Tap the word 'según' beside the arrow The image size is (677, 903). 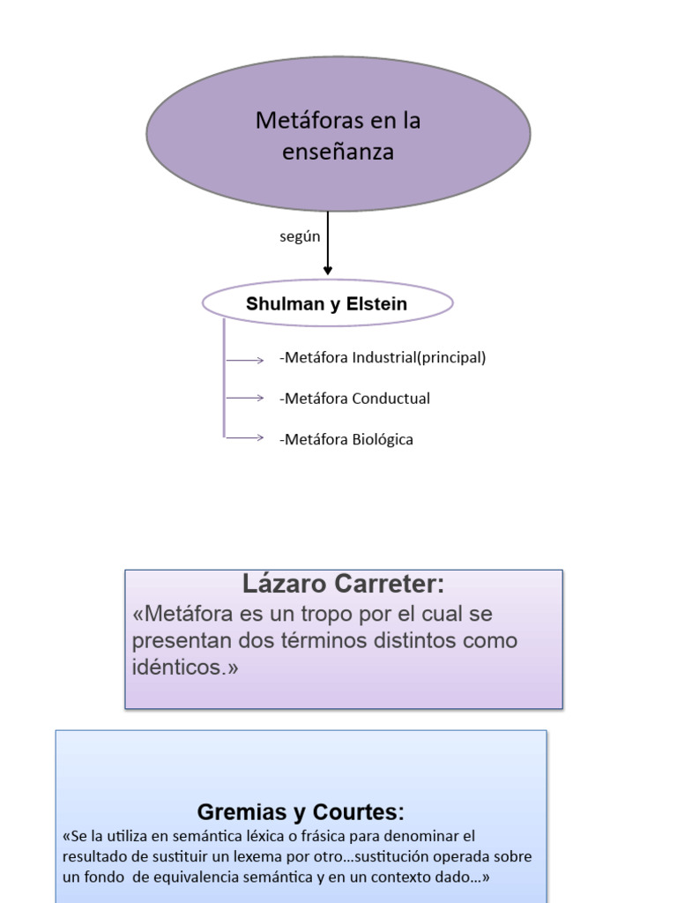(300, 237)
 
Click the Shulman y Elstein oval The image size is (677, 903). (327, 303)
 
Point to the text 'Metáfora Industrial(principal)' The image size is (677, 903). (383, 357)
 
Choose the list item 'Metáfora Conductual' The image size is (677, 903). (354, 398)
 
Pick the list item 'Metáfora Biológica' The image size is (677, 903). (346, 439)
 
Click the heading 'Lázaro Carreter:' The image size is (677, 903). (344, 584)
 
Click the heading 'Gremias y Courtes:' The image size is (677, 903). (301, 812)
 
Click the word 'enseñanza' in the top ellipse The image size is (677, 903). (338, 152)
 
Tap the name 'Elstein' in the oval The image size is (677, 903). (377, 304)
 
